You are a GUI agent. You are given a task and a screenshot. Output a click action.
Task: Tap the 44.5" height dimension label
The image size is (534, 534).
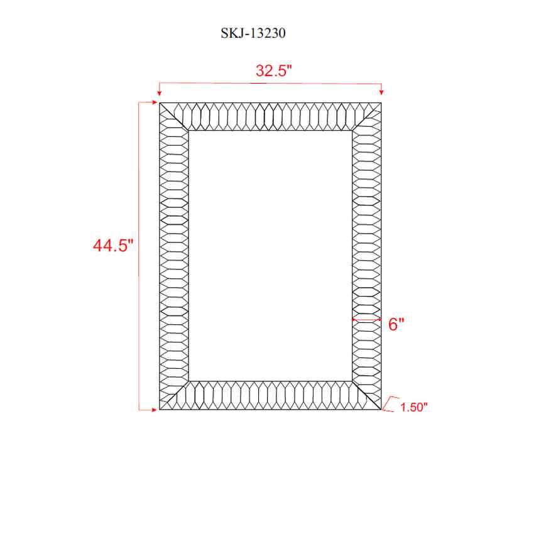[x=114, y=246]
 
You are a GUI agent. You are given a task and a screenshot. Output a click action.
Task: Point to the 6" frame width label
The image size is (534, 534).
[x=396, y=325]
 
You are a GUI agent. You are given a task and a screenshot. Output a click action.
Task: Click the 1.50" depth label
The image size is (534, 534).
[x=413, y=407]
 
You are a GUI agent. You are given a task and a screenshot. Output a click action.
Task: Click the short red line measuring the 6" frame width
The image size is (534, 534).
[x=366, y=320]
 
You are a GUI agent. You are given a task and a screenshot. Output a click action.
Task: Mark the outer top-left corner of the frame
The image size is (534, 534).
[x=160, y=102]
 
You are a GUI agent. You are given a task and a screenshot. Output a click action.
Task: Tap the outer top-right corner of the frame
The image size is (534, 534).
[x=382, y=102]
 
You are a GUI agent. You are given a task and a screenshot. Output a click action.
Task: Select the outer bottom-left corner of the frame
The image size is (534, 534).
[x=160, y=410]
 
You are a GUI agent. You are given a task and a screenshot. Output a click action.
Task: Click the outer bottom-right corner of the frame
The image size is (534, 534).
[x=382, y=410]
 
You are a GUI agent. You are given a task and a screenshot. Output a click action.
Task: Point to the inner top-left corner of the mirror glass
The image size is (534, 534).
[x=188, y=131]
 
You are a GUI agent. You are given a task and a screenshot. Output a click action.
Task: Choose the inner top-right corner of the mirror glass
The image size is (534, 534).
[x=352, y=131]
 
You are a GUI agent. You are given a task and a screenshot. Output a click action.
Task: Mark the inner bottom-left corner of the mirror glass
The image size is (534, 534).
[x=188, y=381]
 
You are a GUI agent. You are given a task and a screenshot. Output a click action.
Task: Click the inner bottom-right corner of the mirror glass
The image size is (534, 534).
[x=352, y=381]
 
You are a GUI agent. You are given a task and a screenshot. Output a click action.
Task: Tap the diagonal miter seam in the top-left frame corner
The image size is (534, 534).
[x=174, y=116]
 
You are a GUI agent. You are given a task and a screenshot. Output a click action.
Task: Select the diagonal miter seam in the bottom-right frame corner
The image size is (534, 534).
[x=368, y=396]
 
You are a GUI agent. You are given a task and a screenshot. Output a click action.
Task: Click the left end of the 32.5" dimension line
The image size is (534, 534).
[x=160, y=82]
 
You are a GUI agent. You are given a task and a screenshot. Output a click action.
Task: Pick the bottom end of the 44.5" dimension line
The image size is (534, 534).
[x=139, y=410]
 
